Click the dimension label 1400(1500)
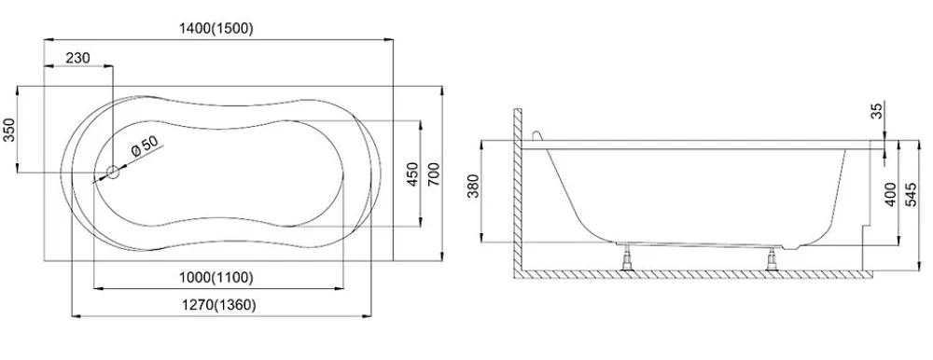[216, 28]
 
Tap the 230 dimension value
[77, 58]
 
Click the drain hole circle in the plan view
[113, 173]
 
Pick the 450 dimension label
[412, 174]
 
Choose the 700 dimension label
[433, 173]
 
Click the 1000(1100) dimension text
[216, 277]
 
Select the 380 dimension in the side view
[473, 187]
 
